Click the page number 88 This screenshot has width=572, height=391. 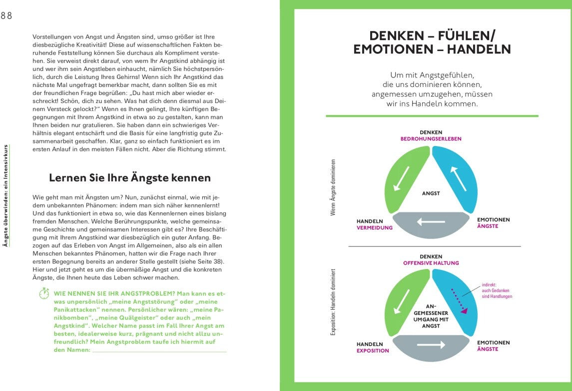pos(6,15)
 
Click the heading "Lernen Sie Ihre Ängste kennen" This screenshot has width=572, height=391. pos(130,178)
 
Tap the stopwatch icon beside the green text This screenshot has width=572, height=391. pos(44,293)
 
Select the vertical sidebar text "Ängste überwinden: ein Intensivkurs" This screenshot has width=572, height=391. pos(5,195)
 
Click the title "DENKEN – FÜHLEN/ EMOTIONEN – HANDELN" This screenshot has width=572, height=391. pos(432,42)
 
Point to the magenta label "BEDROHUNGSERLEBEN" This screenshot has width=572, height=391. pos(431,139)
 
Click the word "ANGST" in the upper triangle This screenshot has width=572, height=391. pos(431,193)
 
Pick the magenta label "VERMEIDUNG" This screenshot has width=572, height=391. pos(375,227)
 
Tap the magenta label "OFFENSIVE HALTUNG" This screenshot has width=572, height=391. pos(431,263)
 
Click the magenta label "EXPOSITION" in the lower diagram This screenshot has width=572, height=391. pos(373,350)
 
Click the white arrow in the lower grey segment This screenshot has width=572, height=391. pos(431,344)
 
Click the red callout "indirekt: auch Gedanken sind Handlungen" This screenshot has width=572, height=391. pos(497,290)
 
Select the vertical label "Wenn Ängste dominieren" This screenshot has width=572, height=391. pos(333,187)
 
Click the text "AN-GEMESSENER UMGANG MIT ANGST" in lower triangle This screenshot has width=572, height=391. pos(431,315)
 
